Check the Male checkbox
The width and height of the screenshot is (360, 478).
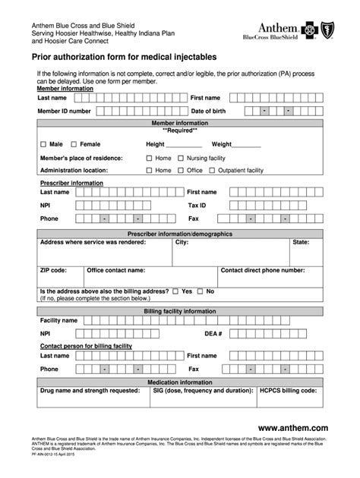[x=43, y=144]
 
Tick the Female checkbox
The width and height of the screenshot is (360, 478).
[x=74, y=144]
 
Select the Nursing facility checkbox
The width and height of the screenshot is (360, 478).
[x=181, y=158]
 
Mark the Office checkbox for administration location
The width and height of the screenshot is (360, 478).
[x=181, y=171]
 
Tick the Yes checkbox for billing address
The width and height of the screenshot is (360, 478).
[x=175, y=291]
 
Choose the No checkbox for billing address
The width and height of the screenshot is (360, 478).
[x=201, y=291]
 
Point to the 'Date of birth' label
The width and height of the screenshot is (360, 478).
[x=207, y=111]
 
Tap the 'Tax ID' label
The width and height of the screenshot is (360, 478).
[x=197, y=205]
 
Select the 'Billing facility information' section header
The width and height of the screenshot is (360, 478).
[x=180, y=311]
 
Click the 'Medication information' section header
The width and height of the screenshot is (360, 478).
[x=180, y=382]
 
